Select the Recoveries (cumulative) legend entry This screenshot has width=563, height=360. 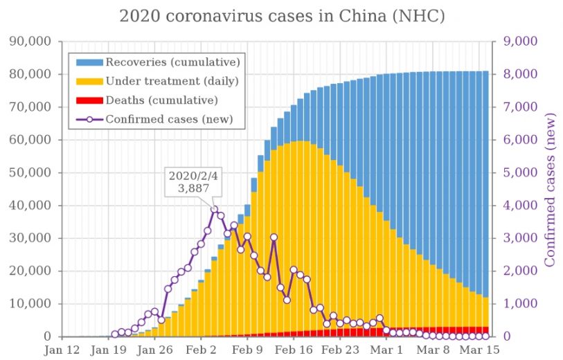click(x=172, y=62)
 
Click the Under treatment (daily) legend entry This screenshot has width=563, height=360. click(x=172, y=81)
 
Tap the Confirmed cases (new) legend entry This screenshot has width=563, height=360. click(x=169, y=119)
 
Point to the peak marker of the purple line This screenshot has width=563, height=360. click(x=214, y=210)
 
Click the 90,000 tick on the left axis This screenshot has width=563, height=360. click(x=30, y=42)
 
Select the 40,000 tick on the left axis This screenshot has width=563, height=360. click(x=30, y=206)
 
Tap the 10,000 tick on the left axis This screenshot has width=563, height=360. click(x=30, y=304)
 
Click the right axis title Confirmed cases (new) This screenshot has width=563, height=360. click(x=551, y=188)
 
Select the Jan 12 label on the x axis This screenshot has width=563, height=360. click(x=62, y=350)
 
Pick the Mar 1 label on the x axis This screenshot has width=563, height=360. click(x=390, y=350)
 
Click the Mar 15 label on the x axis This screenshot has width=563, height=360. click(x=481, y=350)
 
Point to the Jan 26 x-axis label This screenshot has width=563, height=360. click(x=155, y=350)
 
